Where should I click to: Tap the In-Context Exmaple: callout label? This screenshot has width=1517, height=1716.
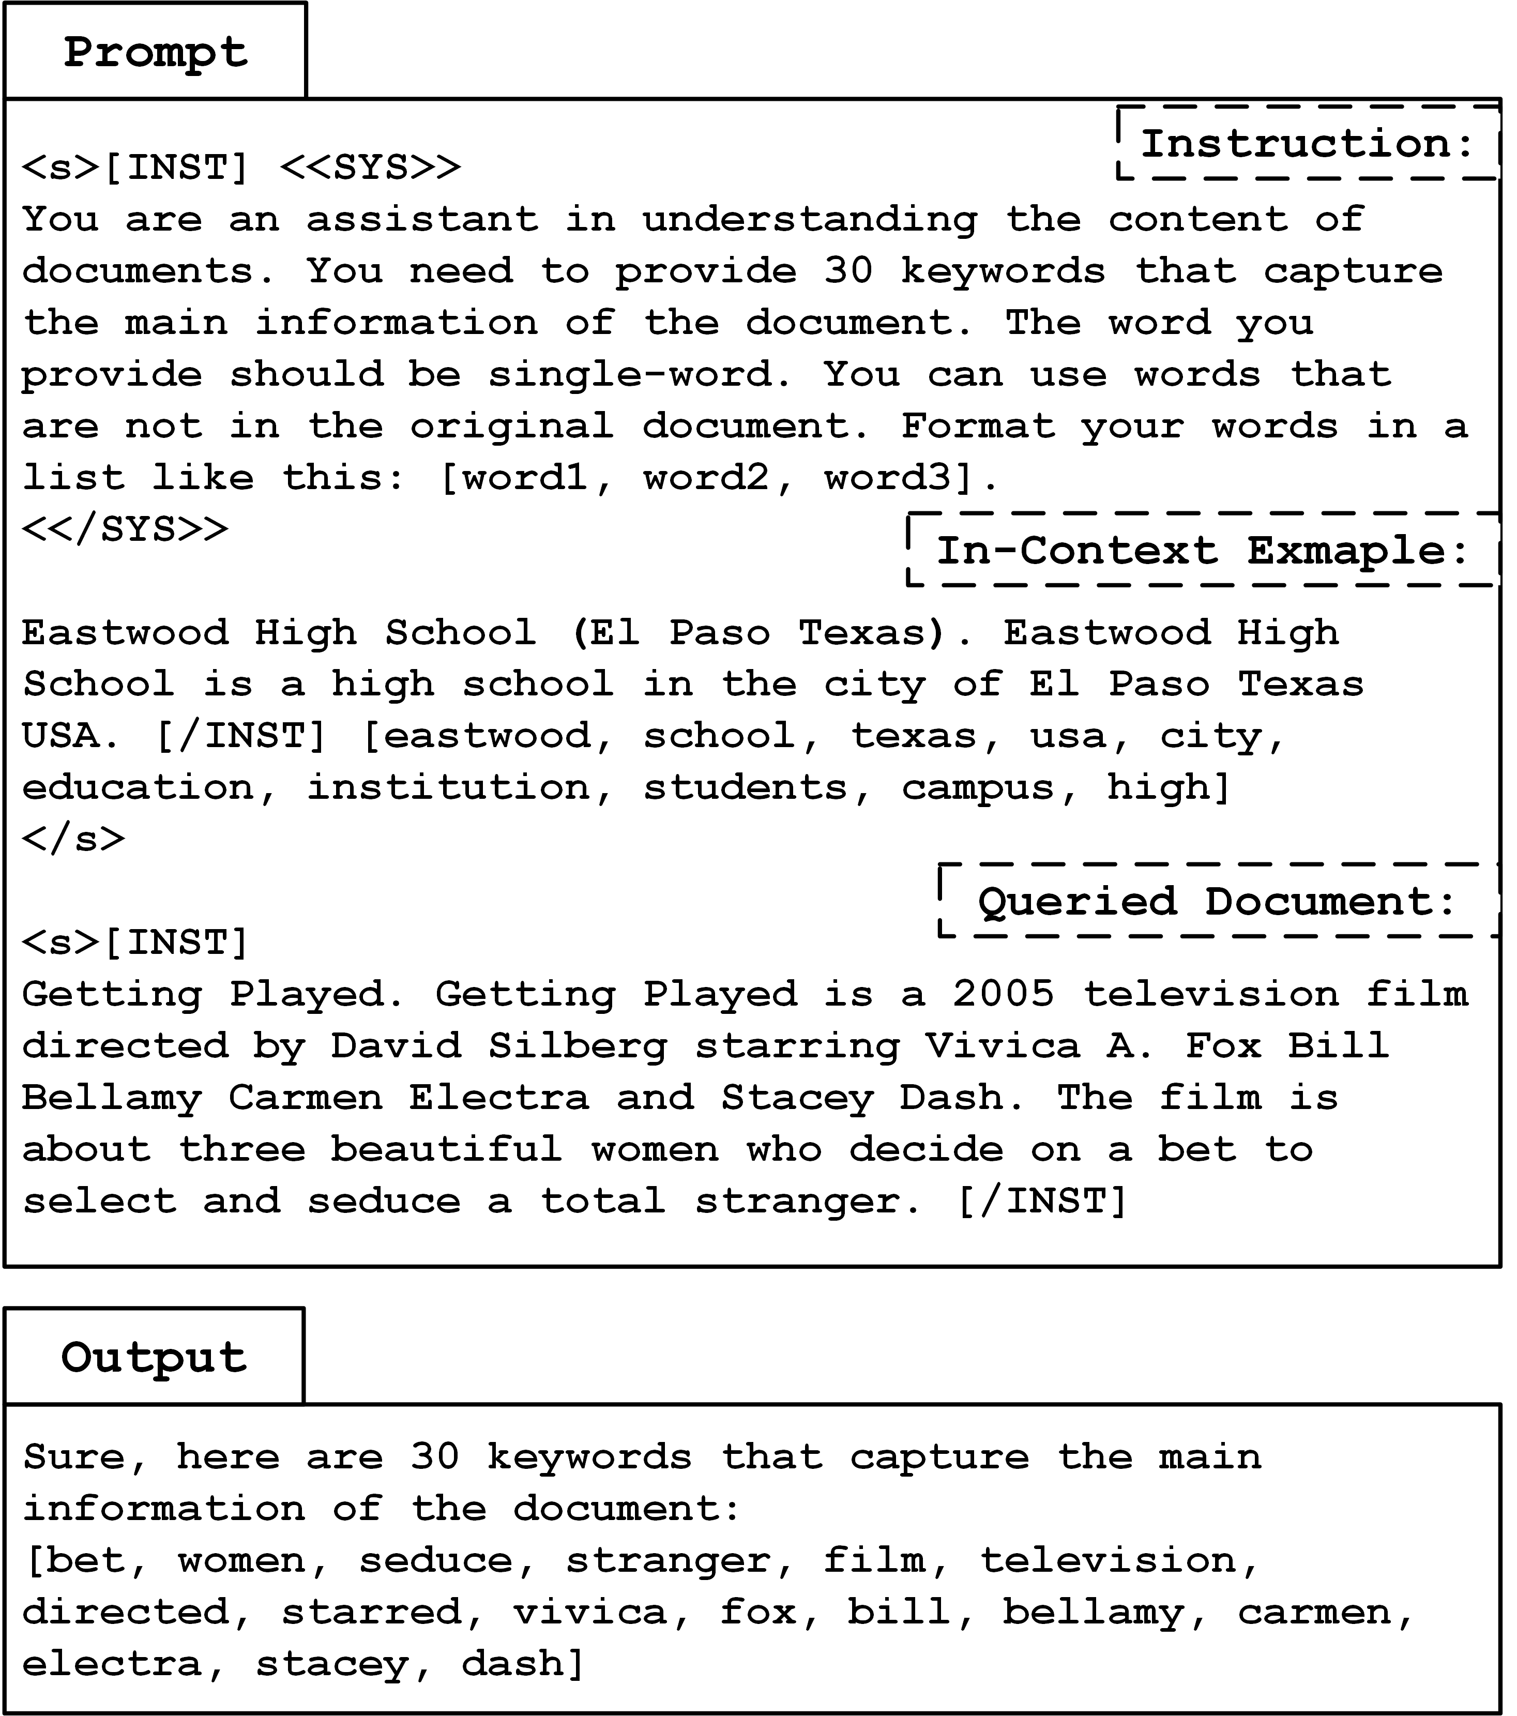1202,551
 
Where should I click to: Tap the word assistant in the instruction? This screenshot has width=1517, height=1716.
422,220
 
